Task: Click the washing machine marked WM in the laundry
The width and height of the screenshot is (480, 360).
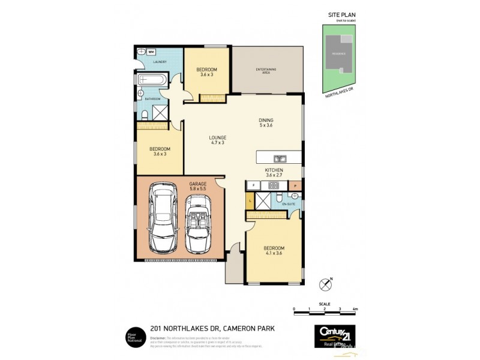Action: coord(152,52)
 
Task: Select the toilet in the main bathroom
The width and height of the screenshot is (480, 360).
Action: coord(146,113)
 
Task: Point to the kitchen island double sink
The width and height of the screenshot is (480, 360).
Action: coord(280,159)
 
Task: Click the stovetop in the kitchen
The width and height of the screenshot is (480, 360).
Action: coord(274,185)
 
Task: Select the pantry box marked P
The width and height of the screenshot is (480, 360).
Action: coord(295,186)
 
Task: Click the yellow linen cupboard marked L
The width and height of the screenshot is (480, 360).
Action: coord(250,200)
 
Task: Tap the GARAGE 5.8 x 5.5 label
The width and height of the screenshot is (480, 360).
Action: coord(198,186)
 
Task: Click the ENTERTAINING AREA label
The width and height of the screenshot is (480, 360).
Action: coord(266,71)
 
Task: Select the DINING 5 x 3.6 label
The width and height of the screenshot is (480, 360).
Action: coord(266,123)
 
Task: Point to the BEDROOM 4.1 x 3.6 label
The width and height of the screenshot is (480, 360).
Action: coord(274,251)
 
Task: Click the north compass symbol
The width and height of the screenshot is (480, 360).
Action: coord(326,282)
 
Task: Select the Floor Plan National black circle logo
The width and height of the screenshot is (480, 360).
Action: coord(133,337)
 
